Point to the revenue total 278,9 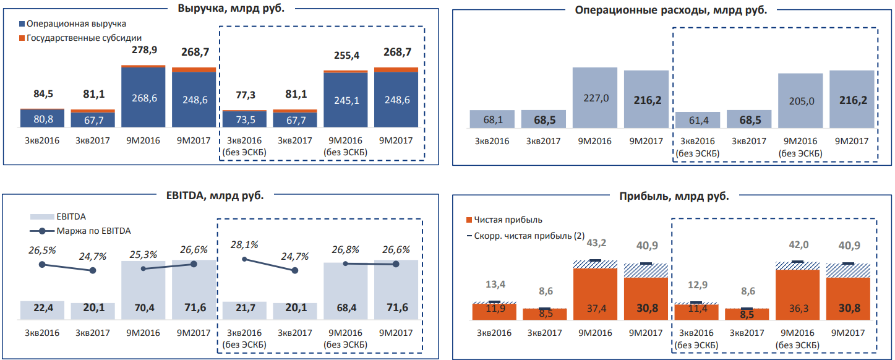(x=143, y=49)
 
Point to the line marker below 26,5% (x=42, y=264)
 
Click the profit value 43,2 (x=595, y=243)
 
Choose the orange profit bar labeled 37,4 (x=595, y=294)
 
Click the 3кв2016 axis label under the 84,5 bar (x=41, y=140)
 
